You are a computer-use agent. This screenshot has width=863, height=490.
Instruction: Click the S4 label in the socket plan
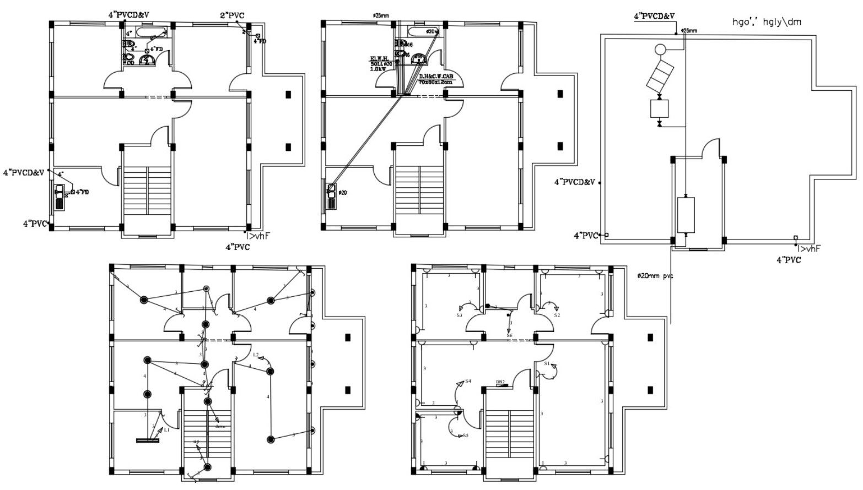tap(468, 381)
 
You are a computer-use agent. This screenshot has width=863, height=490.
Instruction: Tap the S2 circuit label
tap(557, 315)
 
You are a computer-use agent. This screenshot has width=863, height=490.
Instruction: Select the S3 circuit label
tap(459, 315)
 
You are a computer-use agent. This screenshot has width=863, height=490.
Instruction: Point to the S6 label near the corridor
tap(509, 335)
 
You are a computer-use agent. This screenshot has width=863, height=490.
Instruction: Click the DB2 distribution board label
tap(500, 382)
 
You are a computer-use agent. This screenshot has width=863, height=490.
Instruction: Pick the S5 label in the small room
tap(465, 435)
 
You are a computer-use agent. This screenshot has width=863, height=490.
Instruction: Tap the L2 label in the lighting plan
tap(256, 355)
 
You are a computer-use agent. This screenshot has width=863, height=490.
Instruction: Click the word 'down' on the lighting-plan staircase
tap(220, 426)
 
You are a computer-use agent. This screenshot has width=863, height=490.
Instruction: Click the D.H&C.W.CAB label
tap(435, 77)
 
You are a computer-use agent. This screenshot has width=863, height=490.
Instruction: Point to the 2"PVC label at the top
tap(232, 16)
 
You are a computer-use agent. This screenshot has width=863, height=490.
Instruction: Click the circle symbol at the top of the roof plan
tap(660, 50)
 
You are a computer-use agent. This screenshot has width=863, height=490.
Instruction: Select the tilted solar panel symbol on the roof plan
tap(659, 77)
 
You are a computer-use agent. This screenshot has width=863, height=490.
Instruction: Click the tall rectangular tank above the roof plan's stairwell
tap(685, 215)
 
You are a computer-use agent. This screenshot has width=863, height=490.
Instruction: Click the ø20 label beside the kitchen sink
tap(342, 193)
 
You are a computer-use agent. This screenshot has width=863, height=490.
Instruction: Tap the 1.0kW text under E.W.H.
tap(378, 69)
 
